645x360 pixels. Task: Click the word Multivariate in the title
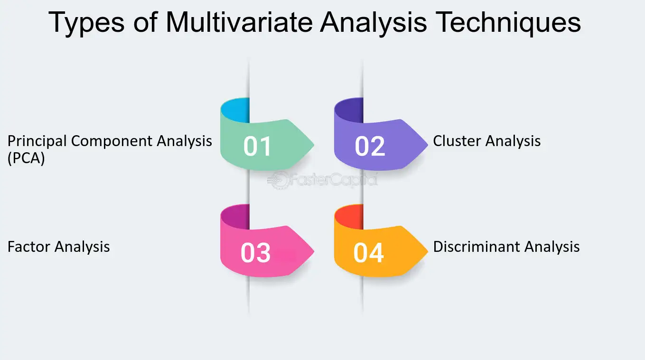[239, 22]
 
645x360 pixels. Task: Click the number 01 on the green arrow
[257, 146]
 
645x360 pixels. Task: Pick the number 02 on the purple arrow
[370, 146]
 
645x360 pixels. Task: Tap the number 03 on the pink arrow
[256, 253]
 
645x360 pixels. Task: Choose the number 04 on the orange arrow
[369, 253]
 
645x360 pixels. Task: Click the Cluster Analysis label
[487, 141]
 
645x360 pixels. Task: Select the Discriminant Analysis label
[506, 247]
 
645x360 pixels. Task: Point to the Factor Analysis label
[59, 247]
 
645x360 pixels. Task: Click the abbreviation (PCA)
[26, 158]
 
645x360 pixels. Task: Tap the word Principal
[37, 141]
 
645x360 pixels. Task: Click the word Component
[112, 141]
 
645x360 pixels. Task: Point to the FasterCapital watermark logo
[322, 180]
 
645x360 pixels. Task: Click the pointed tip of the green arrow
[314, 144]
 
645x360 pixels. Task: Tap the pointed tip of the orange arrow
[428, 250]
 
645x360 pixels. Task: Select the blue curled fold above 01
[235, 110]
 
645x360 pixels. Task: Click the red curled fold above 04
[349, 217]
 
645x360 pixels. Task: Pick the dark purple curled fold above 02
[349, 110]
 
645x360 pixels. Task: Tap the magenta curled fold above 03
[235, 217]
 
